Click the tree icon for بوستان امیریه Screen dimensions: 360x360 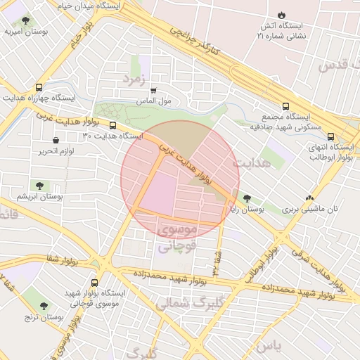26,21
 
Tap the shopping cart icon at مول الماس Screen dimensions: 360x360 153,90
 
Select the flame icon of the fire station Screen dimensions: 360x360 282,15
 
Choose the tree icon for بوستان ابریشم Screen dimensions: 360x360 40,186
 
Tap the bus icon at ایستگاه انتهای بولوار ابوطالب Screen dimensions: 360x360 331,138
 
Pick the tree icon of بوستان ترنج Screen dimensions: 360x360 44,306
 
